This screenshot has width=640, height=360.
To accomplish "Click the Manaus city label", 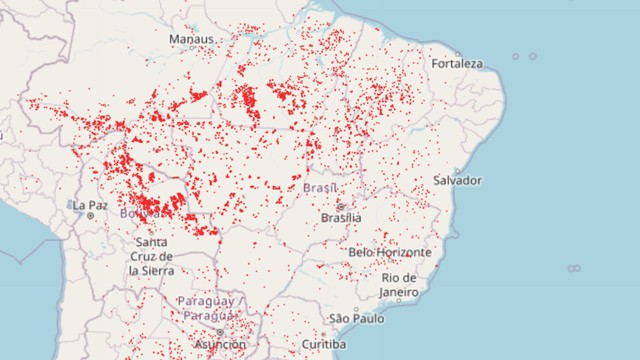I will pos(191,38).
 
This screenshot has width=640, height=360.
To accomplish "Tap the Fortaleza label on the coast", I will pos(457,64).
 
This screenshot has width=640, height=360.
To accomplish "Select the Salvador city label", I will pos(458,180).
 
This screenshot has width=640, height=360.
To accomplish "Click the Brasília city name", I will pos(341,217).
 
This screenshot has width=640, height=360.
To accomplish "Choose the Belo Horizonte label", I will pos(390,252).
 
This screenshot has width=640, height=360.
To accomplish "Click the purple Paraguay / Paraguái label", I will pos(207,308).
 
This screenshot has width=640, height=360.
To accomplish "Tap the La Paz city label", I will pos(89,204).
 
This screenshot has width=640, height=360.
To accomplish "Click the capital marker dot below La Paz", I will pos(90,215).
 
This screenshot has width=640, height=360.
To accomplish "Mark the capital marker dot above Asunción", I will pos(219,332).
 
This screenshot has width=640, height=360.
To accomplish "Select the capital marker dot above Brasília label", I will pos(340,205).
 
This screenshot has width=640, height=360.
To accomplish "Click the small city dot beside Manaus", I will pos(217,39).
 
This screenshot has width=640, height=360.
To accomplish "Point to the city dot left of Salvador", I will pos(427,181).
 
